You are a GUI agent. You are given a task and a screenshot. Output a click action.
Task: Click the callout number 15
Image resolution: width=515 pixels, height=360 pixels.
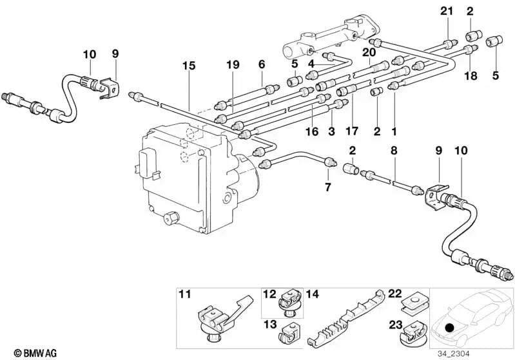click(189, 66)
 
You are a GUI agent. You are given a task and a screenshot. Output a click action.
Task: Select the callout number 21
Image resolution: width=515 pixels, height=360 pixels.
click(447, 11)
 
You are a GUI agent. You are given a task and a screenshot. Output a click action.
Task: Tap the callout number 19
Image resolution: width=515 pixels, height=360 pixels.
click(233, 64)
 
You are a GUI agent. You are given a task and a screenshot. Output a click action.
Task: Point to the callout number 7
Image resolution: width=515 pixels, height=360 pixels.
click(328, 187)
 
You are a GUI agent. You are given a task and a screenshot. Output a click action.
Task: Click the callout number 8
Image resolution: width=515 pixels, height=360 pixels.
click(394, 151)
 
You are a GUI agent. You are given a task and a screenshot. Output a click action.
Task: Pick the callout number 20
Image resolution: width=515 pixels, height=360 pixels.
click(369, 52)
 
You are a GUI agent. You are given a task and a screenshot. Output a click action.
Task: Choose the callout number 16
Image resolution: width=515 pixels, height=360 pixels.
click(312, 131)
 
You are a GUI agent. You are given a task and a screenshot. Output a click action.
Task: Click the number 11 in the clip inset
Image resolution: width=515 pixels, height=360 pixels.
click(185, 294)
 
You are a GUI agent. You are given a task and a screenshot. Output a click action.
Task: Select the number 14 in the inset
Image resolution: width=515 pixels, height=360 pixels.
click(313, 294)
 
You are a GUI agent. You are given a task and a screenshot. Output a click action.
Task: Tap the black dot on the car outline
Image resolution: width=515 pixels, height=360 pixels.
click(450, 328)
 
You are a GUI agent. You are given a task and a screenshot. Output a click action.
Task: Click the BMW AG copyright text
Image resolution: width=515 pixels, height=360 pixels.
click(35, 353)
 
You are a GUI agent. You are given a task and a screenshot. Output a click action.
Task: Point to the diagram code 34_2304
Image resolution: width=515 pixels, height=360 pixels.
click(453, 354)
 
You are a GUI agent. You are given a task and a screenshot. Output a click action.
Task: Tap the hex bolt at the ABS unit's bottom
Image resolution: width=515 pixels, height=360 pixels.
click(170, 218)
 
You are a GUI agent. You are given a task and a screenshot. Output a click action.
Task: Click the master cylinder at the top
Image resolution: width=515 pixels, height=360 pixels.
click(332, 35)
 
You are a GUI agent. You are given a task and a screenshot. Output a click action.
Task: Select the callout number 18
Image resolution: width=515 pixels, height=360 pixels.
click(471, 76)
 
